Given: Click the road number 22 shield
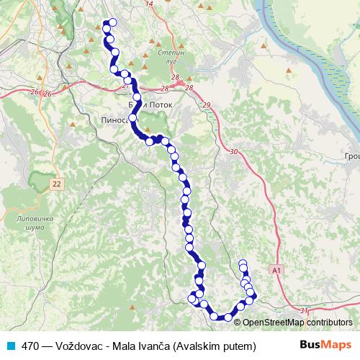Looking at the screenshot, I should point(57,185).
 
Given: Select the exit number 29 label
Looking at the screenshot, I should point(207,106).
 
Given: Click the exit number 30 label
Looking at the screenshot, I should point(233,152).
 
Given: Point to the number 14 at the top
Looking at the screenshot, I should point(150,4).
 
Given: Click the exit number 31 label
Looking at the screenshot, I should point(303,310).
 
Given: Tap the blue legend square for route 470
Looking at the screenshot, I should point(11,345).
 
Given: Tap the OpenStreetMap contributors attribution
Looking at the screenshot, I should point(297,323).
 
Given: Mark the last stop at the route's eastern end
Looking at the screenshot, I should point(243,264).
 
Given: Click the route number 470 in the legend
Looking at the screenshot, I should point(30,346).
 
